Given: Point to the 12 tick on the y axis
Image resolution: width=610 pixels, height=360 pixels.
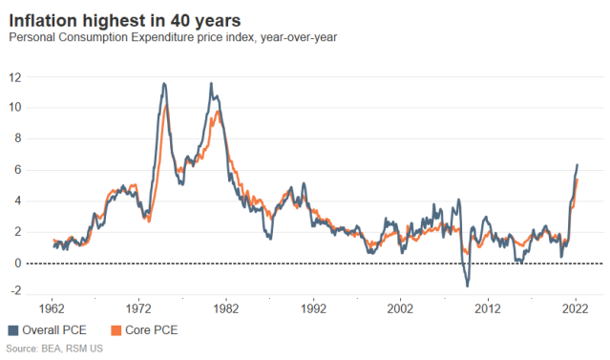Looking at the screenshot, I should [x=16, y=76].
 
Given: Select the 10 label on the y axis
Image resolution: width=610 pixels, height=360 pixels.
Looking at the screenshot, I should [x=16, y=107].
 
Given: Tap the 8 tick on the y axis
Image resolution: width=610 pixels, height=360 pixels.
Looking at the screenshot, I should [x=19, y=138].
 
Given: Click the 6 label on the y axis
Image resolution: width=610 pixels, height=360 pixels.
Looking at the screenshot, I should [x=19, y=170].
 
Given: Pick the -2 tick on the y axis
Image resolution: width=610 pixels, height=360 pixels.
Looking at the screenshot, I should [x=17, y=294].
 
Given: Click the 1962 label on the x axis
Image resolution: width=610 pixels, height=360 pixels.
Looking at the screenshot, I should [x=51, y=308].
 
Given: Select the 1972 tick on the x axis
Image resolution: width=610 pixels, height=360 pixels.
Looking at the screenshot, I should [x=138, y=308].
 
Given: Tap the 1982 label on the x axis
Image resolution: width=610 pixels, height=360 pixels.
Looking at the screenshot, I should [x=225, y=308].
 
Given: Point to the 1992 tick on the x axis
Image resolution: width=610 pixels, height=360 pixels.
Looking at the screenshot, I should [x=313, y=308].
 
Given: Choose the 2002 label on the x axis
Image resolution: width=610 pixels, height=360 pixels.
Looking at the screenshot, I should [x=401, y=308].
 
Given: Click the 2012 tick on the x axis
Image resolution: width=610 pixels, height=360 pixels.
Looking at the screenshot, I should [x=488, y=308].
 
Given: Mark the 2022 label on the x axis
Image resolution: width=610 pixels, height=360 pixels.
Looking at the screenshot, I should [x=576, y=308].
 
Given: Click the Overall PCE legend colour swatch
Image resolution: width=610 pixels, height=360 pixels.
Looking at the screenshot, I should [x=13, y=330].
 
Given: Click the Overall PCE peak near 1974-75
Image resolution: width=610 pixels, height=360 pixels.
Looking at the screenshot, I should [x=163, y=83].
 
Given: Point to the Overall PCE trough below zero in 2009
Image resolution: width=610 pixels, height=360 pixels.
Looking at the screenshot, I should [x=467, y=286].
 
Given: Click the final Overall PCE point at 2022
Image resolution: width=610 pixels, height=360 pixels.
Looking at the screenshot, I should [x=578, y=164].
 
